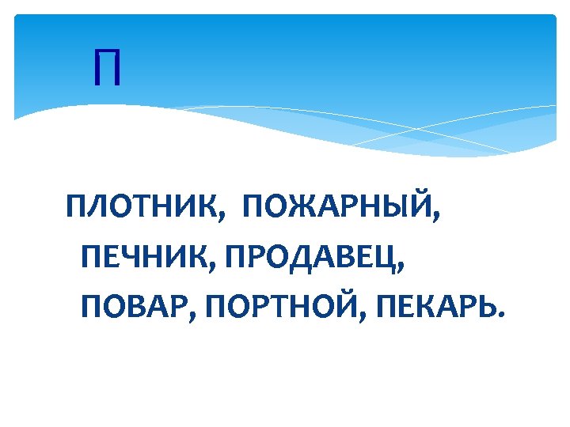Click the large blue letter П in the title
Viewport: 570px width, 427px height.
point(107,68)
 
